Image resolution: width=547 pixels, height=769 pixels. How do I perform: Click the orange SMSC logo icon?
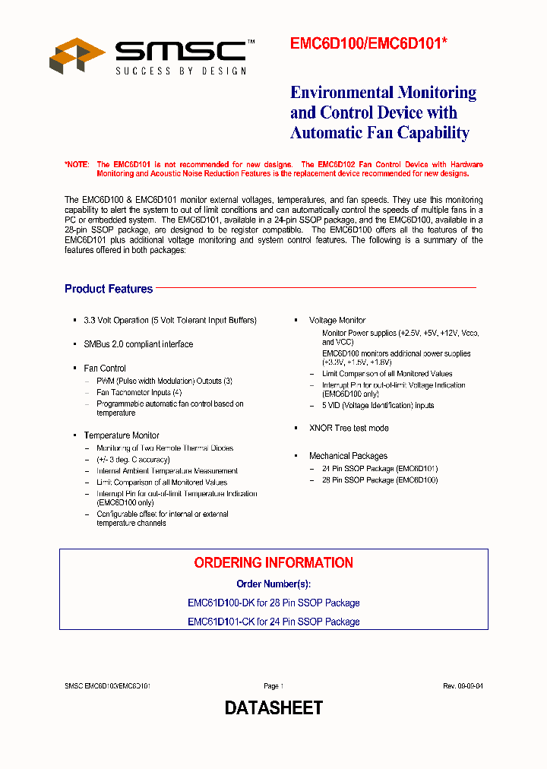click(77, 56)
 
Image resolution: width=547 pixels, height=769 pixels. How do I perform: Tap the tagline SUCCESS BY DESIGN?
click(181, 71)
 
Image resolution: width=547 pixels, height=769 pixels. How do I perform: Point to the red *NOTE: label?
click(77, 164)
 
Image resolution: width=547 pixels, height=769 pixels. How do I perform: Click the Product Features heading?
click(109, 289)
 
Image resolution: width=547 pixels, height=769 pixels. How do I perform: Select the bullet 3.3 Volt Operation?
click(170, 321)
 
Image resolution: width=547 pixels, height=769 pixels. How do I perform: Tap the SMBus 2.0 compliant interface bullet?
click(138, 344)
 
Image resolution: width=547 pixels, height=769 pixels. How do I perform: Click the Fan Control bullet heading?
click(105, 369)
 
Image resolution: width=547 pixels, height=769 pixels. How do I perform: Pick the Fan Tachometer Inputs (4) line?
click(139, 392)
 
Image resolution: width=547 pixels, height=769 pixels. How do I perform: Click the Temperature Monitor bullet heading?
click(122, 435)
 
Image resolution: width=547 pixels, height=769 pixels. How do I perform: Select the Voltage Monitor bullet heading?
click(337, 321)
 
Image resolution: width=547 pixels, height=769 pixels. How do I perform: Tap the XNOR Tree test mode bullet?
click(349, 428)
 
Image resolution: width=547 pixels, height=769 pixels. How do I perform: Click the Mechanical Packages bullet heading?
click(348, 456)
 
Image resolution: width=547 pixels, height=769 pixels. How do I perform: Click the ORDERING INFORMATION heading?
click(273, 563)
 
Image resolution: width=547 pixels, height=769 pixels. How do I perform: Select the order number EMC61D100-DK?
click(221, 603)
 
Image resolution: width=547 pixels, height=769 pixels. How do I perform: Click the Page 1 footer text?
click(273, 685)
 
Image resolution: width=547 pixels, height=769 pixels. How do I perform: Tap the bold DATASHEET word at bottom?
click(273, 708)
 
